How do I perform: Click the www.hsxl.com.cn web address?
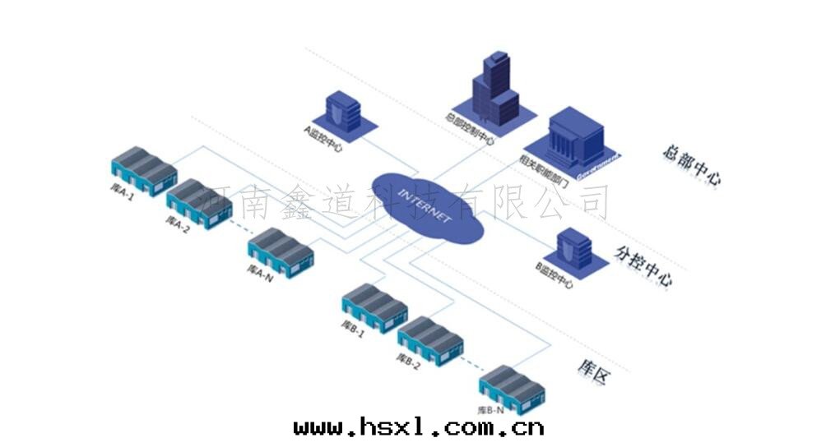(419, 426)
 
